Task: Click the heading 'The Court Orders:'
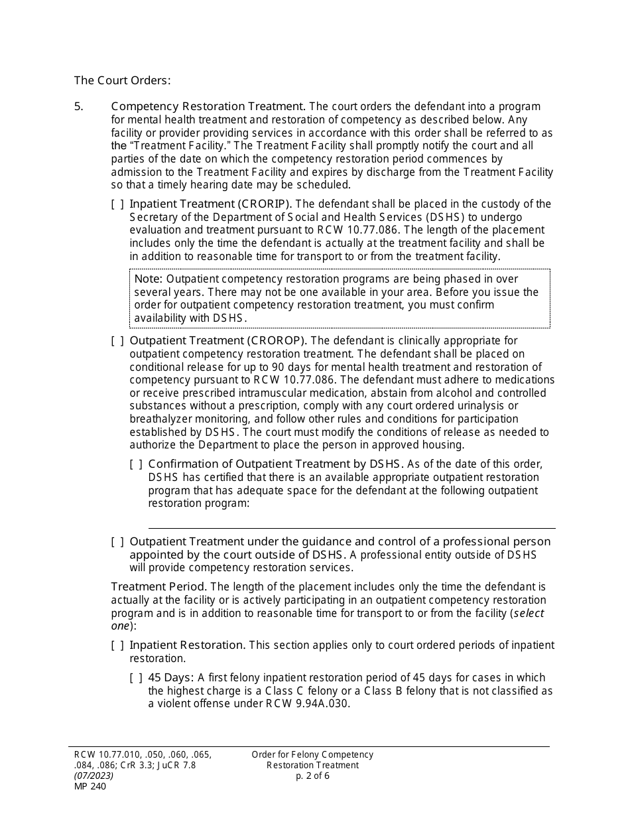pyautogui.click(x=122, y=80)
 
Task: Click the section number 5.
pyautogui.click(x=78, y=106)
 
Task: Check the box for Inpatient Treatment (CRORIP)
pyautogui.click(x=117, y=204)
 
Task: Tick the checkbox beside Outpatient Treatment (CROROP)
pyautogui.click(x=117, y=341)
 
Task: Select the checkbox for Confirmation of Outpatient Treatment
pyautogui.click(x=136, y=464)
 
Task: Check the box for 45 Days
pyautogui.click(x=136, y=678)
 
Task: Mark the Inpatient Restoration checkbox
pyautogui.click(x=117, y=646)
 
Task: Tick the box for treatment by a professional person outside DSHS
pyautogui.click(x=117, y=542)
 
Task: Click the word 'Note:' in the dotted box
pyautogui.click(x=149, y=279)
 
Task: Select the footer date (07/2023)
pyautogui.click(x=94, y=776)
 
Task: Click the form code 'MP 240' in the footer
pyautogui.click(x=90, y=787)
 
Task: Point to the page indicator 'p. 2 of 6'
pyautogui.click(x=312, y=776)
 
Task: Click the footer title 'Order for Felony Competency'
pyautogui.click(x=312, y=754)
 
